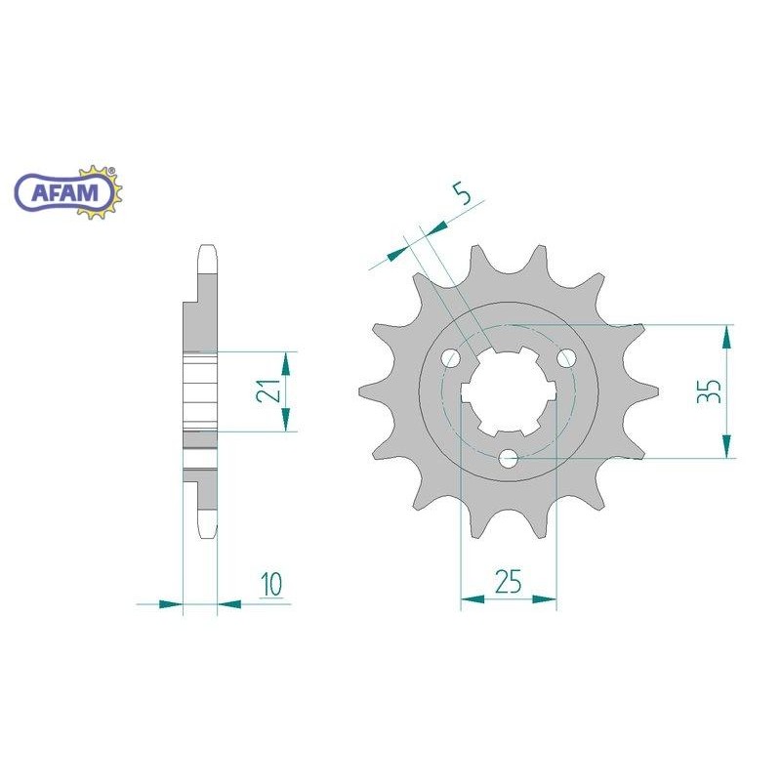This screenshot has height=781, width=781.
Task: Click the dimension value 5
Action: [463, 194]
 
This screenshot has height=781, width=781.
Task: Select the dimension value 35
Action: [710, 391]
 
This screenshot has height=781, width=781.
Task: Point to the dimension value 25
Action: [508, 581]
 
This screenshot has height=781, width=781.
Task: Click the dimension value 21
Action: [267, 390]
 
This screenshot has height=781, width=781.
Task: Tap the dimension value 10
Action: [271, 584]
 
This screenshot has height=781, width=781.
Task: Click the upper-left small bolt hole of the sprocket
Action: [451, 357]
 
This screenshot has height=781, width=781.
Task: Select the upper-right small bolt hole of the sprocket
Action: [566, 357]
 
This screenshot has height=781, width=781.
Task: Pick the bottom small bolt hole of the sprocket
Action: [509, 458]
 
